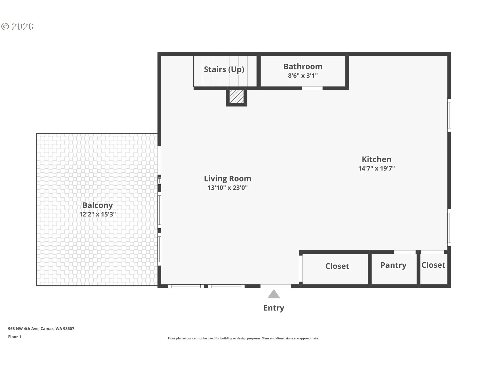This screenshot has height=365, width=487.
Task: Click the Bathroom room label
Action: (x=303, y=66)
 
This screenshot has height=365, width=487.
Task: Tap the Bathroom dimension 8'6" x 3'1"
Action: (x=303, y=76)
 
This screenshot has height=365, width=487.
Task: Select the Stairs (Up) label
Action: (x=224, y=69)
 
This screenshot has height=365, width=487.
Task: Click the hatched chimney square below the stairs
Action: (x=236, y=96)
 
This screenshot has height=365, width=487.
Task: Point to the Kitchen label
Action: (x=376, y=159)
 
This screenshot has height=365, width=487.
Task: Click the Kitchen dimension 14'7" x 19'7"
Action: (x=376, y=168)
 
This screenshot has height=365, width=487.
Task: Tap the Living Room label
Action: (x=228, y=179)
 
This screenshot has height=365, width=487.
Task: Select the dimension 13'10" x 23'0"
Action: (x=228, y=188)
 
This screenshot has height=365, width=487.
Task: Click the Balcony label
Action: (x=97, y=205)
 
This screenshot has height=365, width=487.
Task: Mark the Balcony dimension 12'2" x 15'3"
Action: (x=97, y=214)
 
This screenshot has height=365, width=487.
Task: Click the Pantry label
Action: (x=393, y=265)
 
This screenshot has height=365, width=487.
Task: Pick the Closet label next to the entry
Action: (x=337, y=266)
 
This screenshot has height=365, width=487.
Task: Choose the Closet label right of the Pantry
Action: (x=433, y=265)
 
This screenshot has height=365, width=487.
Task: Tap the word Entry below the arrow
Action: (x=274, y=308)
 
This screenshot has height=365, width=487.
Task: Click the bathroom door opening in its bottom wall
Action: (x=312, y=88)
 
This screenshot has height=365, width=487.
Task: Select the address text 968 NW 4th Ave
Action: (x=23, y=328)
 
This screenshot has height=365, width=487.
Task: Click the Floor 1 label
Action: (x=14, y=337)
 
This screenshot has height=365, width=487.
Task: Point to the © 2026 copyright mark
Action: (x=17, y=27)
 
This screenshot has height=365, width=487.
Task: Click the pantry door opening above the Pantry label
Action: (x=405, y=252)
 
